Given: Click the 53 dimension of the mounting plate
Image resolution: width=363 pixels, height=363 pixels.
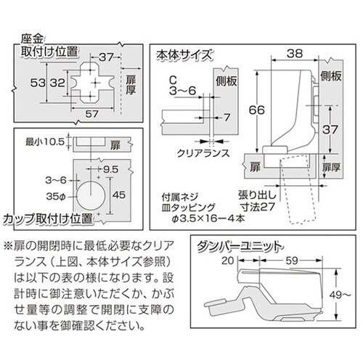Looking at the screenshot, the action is tap(38, 83).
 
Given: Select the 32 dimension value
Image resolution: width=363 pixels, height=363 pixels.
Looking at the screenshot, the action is tap(57, 83).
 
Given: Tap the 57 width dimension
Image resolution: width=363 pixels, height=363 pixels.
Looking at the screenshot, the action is tap(91, 114).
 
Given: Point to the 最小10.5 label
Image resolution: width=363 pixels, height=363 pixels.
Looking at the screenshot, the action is tap(45, 142).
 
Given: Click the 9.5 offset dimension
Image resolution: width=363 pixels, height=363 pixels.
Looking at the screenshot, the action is tap(111, 169).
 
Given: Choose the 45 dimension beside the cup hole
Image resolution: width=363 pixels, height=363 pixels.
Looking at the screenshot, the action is tap(119, 195).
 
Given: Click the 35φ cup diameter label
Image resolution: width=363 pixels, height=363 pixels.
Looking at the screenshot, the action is tap(56, 197).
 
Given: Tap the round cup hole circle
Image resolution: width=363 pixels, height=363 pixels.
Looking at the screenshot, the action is tap(91, 195).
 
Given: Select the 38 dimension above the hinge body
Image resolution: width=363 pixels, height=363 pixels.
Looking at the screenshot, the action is tap(295, 54).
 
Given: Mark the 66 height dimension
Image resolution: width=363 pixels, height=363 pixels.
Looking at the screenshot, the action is tap(257, 110).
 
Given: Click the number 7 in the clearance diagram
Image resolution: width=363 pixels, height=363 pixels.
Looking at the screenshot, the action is tap(227, 118).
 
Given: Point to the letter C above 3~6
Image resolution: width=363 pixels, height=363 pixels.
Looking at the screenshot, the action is tap(173, 80).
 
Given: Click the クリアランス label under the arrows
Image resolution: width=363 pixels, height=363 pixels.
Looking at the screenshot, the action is tap(203, 153).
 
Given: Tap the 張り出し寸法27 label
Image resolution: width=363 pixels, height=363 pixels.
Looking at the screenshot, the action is tap(257, 201).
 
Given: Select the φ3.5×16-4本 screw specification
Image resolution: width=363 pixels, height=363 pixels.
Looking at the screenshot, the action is tap(208, 219).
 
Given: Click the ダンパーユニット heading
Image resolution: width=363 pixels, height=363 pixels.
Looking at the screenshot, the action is tap(240, 247).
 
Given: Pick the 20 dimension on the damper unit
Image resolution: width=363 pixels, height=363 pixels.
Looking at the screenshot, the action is tap(228, 261).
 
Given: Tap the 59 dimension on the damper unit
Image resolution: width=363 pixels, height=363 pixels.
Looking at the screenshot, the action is tap(292, 261).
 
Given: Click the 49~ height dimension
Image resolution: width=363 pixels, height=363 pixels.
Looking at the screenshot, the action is tap(340, 295).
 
